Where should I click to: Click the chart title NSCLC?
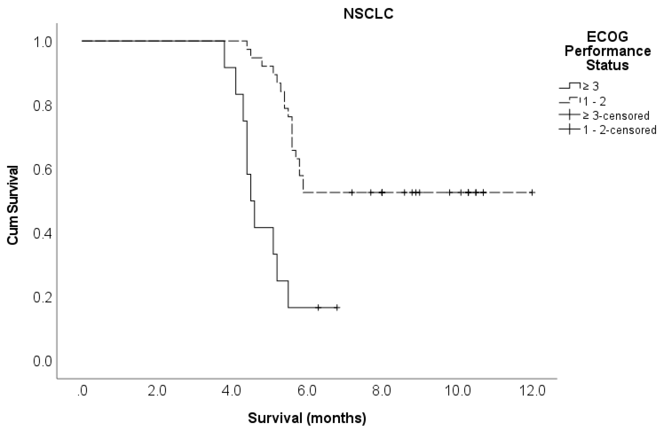pyautogui.click(x=368, y=14)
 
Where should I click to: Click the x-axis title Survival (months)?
pyautogui.click(x=307, y=418)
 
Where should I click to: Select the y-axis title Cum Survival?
pyautogui.click(x=12, y=205)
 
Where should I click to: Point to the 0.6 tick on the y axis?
pyautogui.click(x=43, y=170)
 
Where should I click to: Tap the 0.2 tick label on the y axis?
pyautogui.click(x=43, y=297)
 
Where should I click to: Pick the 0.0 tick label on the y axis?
pyautogui.click(x=43, y=361)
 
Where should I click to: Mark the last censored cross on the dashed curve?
pyautogui.click(x=532, y=193)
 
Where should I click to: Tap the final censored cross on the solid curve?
pyautogui.click(x=337, y=307)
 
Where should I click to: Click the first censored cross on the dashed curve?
pyautogui.click(x=352, y=193)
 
